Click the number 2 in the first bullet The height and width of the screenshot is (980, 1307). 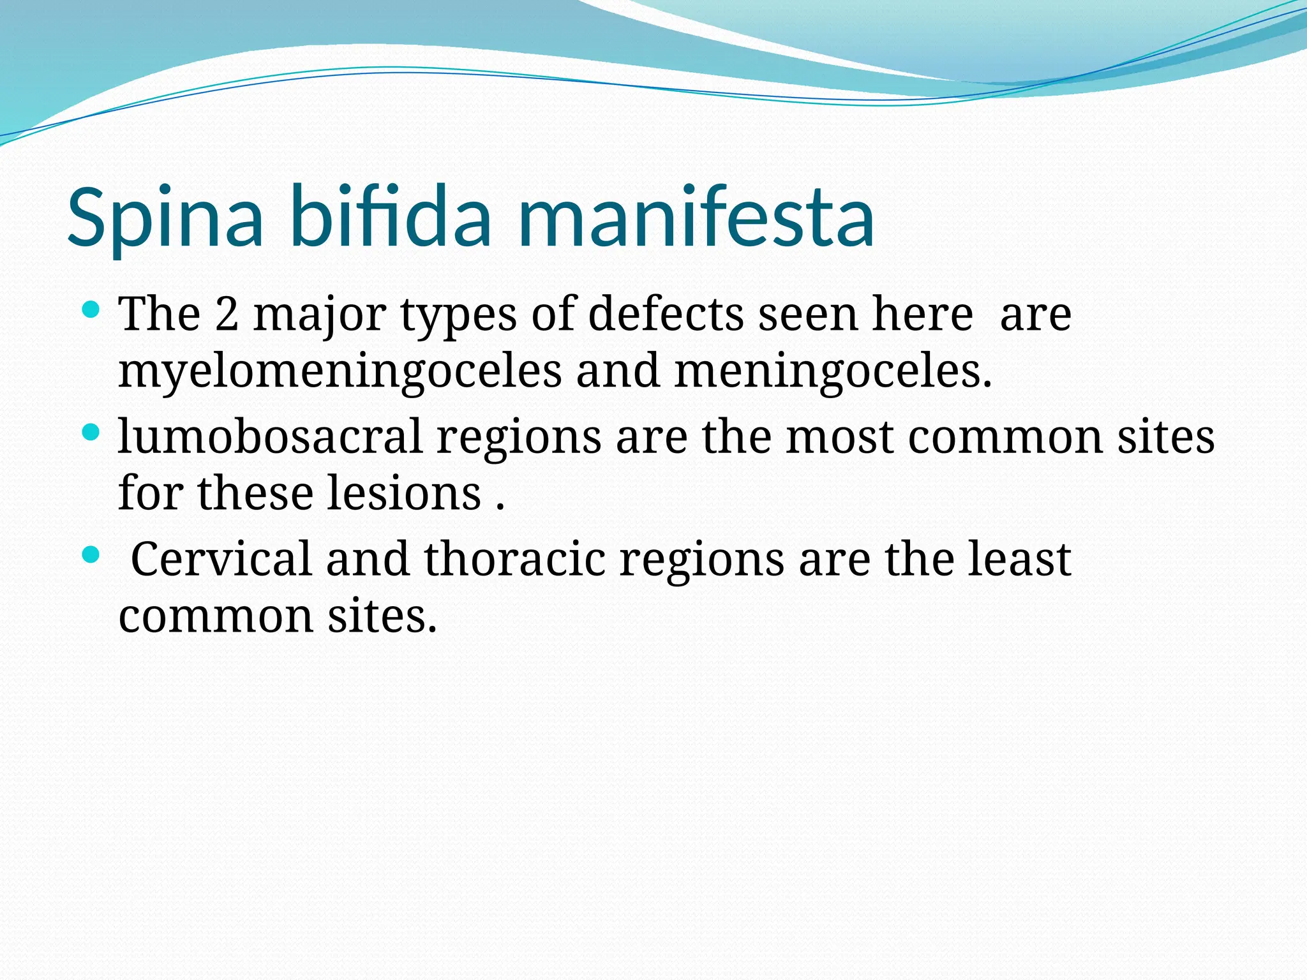coord(227,315)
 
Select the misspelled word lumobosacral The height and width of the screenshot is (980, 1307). coord(271,437)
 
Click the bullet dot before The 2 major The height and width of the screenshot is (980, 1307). coord(91,311)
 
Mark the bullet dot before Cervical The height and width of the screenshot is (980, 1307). coord(91,555)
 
